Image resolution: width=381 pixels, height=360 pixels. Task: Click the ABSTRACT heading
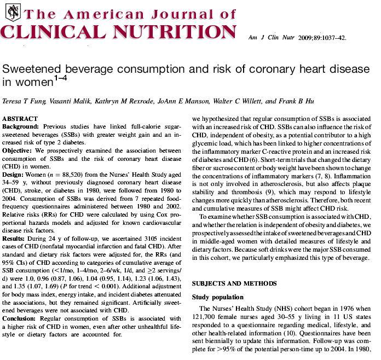click(20, 119)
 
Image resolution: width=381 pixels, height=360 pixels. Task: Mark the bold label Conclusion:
click(20, 318)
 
